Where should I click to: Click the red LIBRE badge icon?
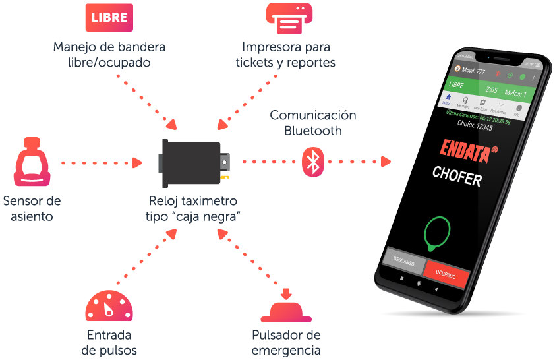(x=109, y=18)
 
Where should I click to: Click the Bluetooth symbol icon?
(x=314, y=162)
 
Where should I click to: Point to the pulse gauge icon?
(x=109, y=306)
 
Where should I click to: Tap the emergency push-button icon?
(x=285, y=305)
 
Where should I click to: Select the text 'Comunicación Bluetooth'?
(x=313, y=123)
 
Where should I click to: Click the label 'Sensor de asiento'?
(x=32, y=208)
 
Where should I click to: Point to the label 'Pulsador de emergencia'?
(x=286, y=342)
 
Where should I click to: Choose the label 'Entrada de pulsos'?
(x=109, y=342)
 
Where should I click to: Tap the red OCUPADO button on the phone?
(x=445, y=273)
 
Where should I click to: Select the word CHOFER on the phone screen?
(x=457, y=176)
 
